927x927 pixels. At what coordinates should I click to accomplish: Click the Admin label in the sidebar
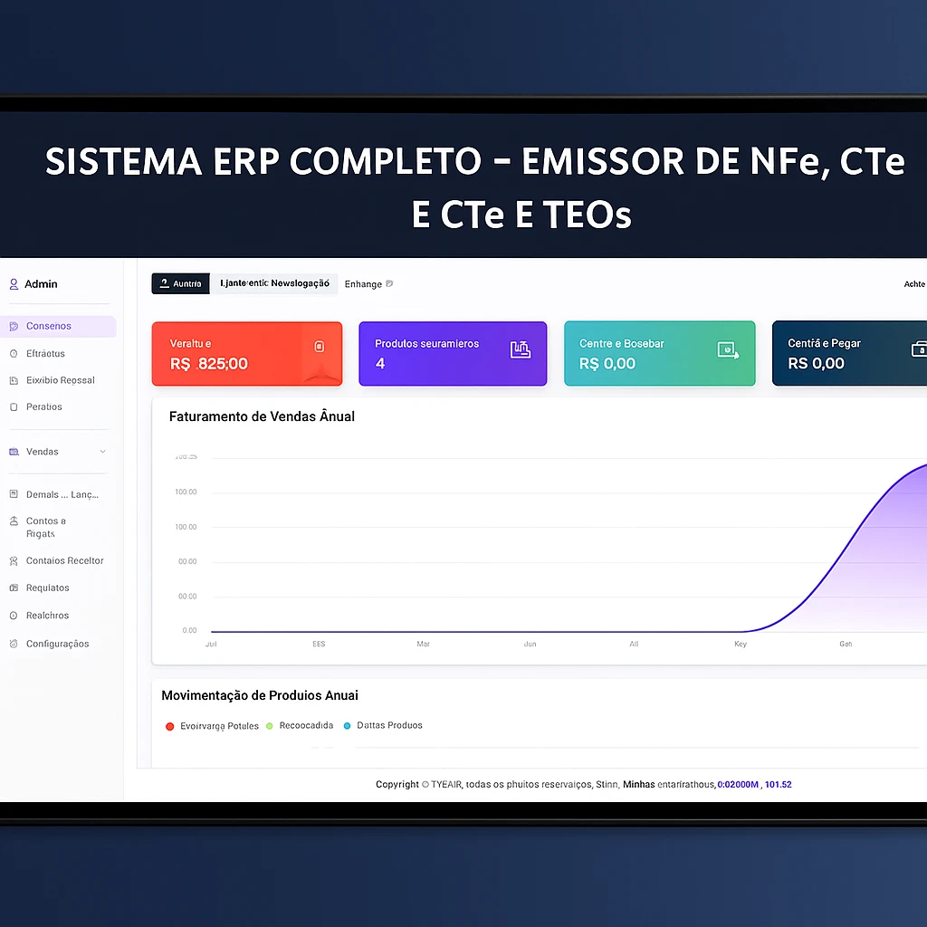click(41, 284)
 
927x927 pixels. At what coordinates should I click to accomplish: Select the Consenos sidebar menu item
click(49, 326)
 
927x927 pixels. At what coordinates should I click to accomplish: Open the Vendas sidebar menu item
click(43, 452)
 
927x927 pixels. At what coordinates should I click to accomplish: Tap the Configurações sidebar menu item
click(57, 644)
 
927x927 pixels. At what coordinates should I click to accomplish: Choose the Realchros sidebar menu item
click(47, 616)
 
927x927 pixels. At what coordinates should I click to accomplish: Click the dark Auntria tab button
click(180, 284)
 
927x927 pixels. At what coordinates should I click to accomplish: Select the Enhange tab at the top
click(363, 284)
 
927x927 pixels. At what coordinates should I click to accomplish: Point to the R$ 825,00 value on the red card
click(209, 364)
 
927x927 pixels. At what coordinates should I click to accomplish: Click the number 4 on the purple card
click(380, 364)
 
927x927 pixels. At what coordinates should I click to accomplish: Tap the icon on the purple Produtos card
click(520, 349)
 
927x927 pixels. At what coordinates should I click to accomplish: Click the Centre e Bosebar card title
click(622, 344)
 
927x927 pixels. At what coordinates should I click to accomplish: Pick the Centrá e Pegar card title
click(824, 344)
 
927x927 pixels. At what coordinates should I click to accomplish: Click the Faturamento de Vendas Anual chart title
click(262, 416)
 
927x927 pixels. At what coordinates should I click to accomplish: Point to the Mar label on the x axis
click(423, 645)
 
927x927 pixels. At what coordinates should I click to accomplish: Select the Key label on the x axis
click(741, 645)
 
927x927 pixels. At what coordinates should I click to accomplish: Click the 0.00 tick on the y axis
click(189, 630)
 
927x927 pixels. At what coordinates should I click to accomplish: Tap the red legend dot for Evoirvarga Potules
click(170, 726)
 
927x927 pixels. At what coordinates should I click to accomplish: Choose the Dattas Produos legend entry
click(389, 725)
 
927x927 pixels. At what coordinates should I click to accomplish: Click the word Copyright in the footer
click(397, 784)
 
